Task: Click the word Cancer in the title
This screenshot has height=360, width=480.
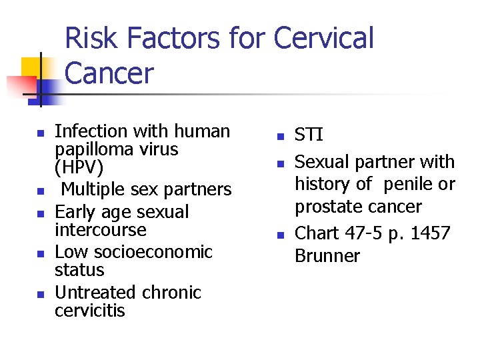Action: [109, 73]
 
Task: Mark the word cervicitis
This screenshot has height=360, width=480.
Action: [89, 311]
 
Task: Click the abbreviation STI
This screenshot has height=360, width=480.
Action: [309, 136]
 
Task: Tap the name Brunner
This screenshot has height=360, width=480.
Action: [327, 256]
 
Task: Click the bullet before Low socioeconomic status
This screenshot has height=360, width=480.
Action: [41, 253]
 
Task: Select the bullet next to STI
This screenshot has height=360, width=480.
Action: [281, 137]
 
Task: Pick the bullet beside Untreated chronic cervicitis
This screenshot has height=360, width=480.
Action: [41, 294]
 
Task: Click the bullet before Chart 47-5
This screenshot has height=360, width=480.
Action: [281, 235]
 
